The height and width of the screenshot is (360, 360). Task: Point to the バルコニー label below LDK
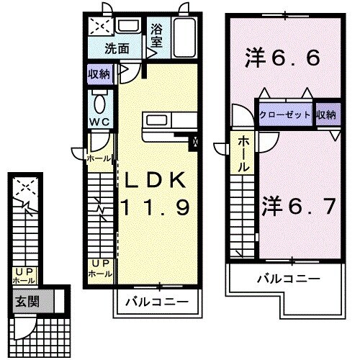tap(156, 302)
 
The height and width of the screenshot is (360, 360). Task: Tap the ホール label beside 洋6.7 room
tap(244, 153)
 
